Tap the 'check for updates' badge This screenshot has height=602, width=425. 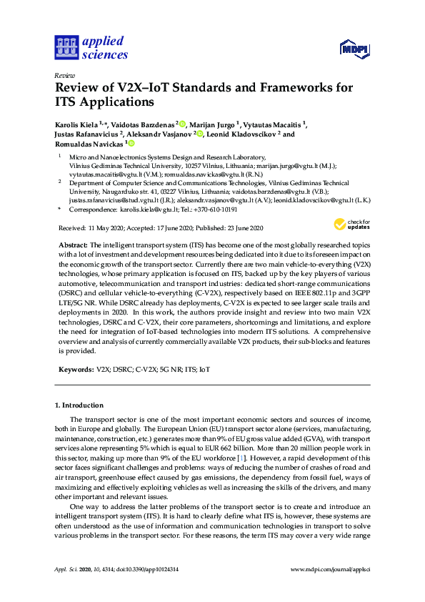pyautogui.click(x=351, y=226)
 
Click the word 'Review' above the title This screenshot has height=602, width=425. pyautogui.click(x=64, y=76)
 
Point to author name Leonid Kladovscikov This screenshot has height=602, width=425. pyautogui.click(x=242, y=134)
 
